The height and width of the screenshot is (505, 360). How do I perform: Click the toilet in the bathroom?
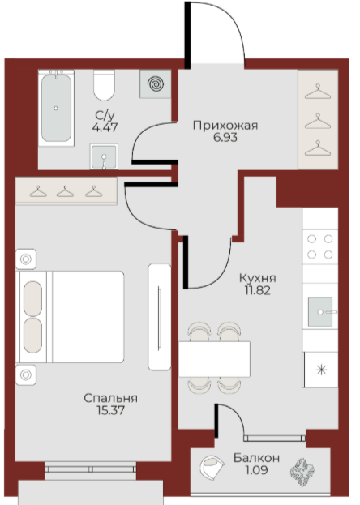coord(104,85)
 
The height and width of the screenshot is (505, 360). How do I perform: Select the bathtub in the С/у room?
coord(57,108)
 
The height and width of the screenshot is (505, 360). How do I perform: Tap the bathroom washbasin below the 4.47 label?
coord(104,156)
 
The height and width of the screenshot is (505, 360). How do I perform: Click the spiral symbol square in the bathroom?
coord(156,84)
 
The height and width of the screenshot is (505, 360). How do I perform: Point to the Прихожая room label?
coord(225,126)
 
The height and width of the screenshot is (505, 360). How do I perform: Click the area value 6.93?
coord(225,138)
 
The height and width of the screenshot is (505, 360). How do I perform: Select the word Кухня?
coord(258,278)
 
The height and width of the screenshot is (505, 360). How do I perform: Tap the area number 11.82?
coord(258,290)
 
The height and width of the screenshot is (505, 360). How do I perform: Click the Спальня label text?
coord(110,398)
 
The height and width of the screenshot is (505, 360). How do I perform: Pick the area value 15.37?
coord(110,410)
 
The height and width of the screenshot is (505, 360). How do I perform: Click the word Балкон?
coord(256,458)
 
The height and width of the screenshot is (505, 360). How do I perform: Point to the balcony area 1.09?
coord(256,470)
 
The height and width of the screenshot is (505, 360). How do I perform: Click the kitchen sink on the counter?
coord(320,312)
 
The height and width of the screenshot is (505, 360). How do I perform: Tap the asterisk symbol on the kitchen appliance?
coord(321,370)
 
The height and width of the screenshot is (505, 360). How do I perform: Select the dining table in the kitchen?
coord(215,359)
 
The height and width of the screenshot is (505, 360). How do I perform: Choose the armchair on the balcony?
coord(212,467)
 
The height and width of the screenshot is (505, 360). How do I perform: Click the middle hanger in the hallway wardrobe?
coord(318,122)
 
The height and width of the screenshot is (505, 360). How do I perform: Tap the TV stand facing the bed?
coord(160,317)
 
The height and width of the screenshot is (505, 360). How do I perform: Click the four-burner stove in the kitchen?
coord(320,246)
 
